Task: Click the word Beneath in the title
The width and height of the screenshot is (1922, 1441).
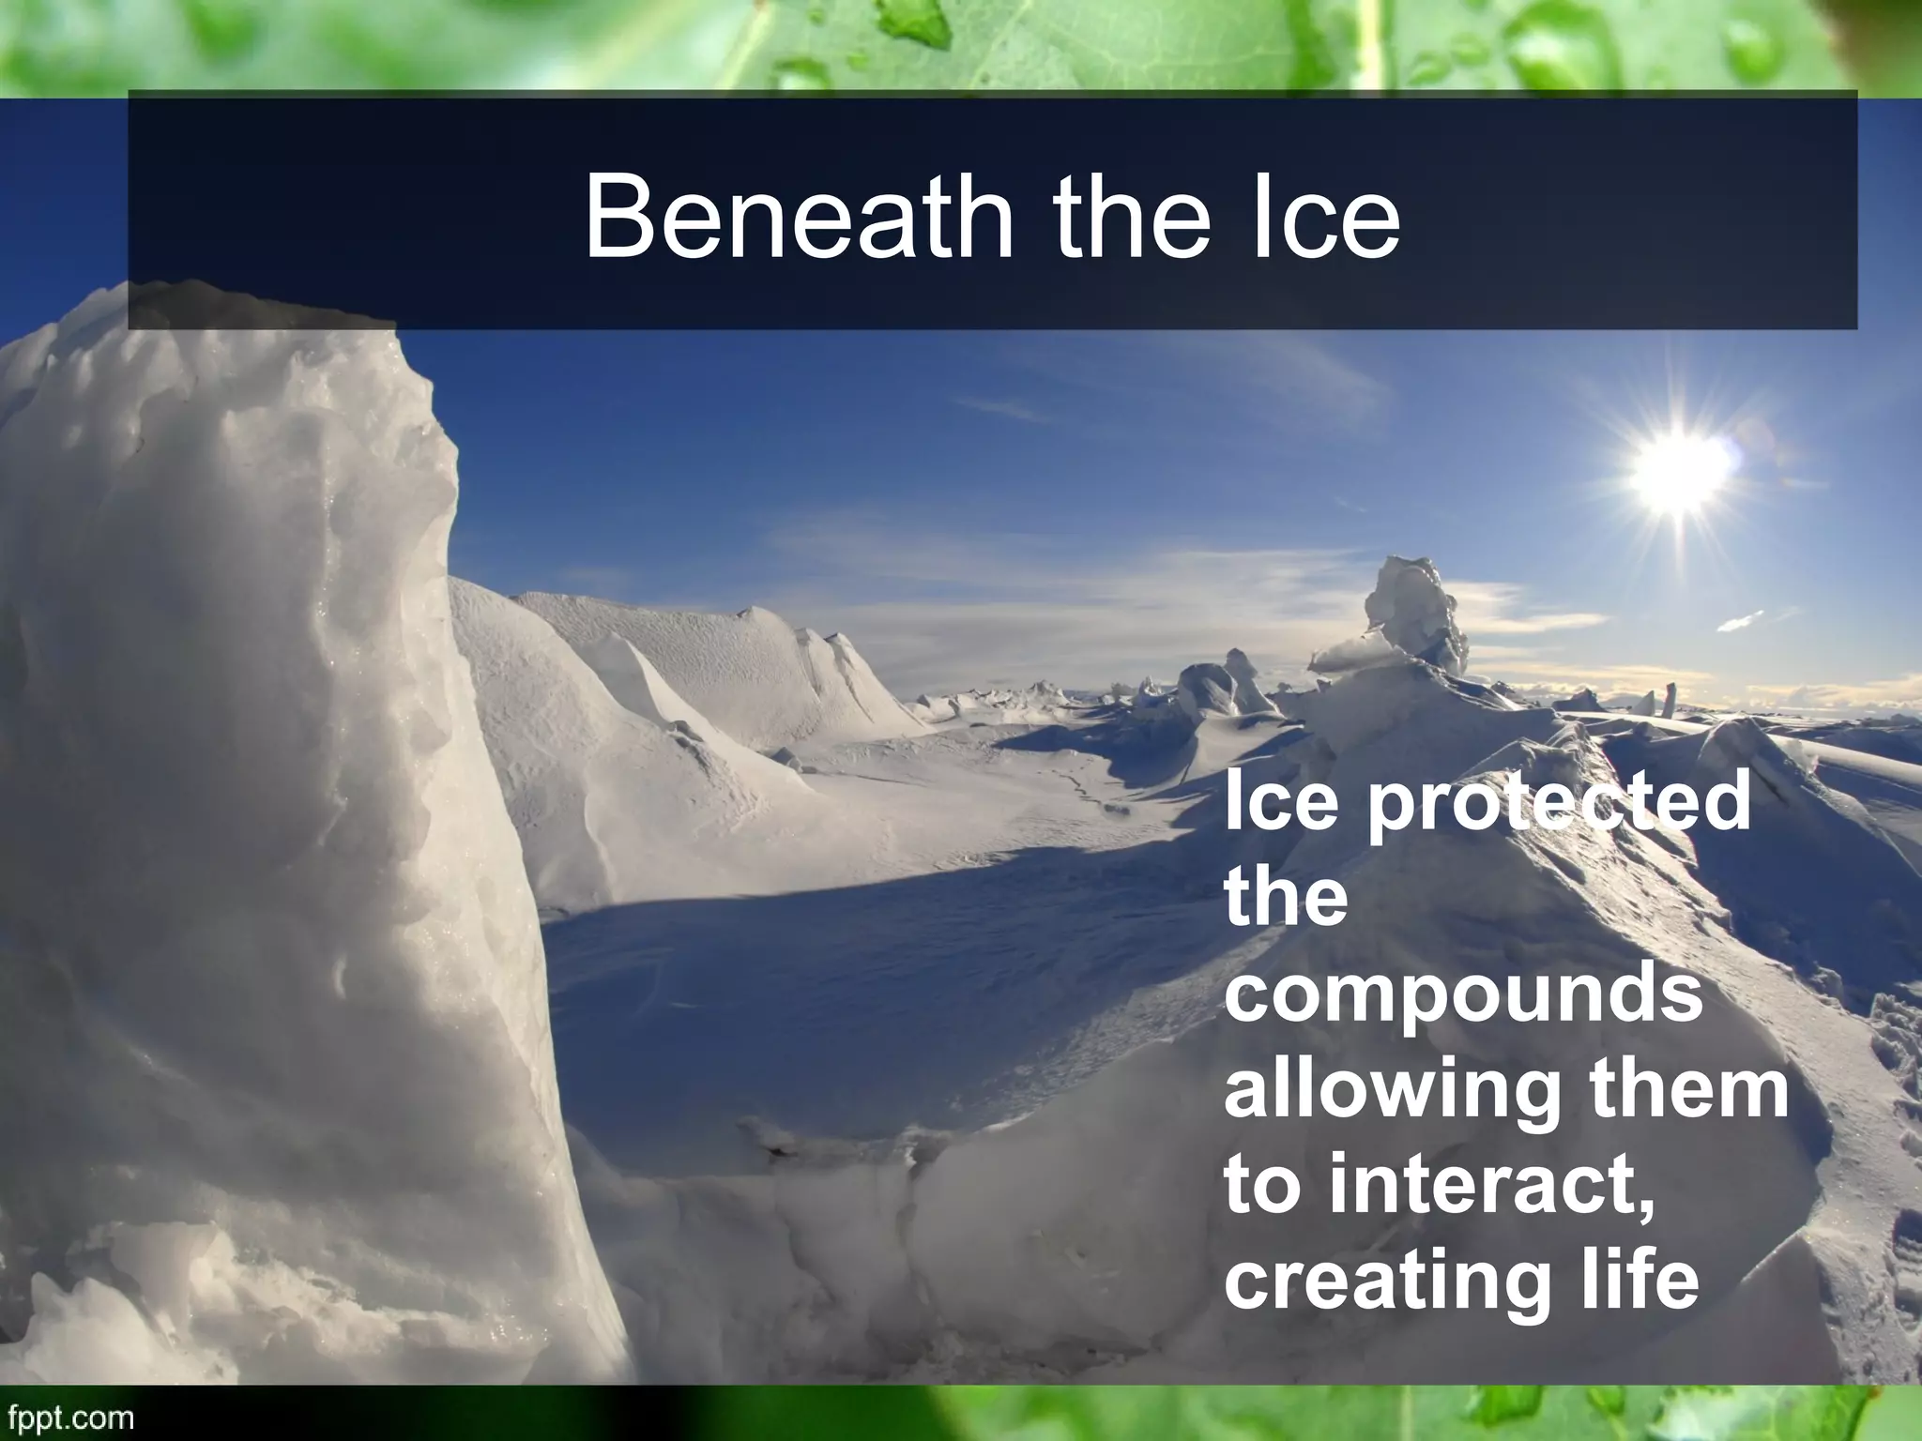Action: click(x=798, y=219)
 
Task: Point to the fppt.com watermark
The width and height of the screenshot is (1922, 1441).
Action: click(x=68, y=1417)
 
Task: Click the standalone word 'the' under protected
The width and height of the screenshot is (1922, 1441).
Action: click(x=1286, y=899)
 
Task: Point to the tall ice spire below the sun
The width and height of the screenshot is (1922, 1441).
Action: click(x=1417, y=610)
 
